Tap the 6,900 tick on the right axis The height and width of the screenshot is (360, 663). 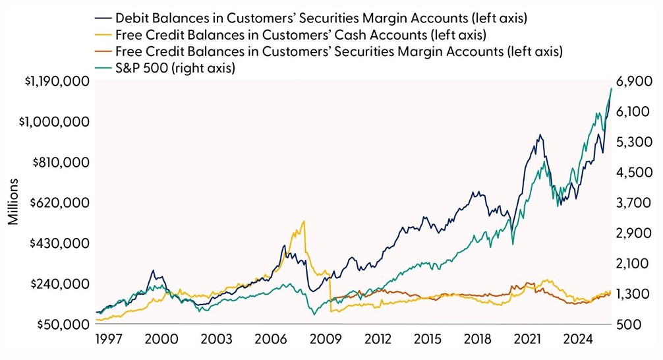(x=636, y=81)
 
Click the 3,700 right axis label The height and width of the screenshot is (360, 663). (x=636, y=202)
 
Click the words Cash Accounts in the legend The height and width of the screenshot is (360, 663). (x=345, y=34)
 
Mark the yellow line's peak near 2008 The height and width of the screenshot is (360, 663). (x=303, y=222)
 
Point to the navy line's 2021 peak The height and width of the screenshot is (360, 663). (x=540, y=135)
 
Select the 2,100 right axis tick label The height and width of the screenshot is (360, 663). (x=636, y=263)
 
